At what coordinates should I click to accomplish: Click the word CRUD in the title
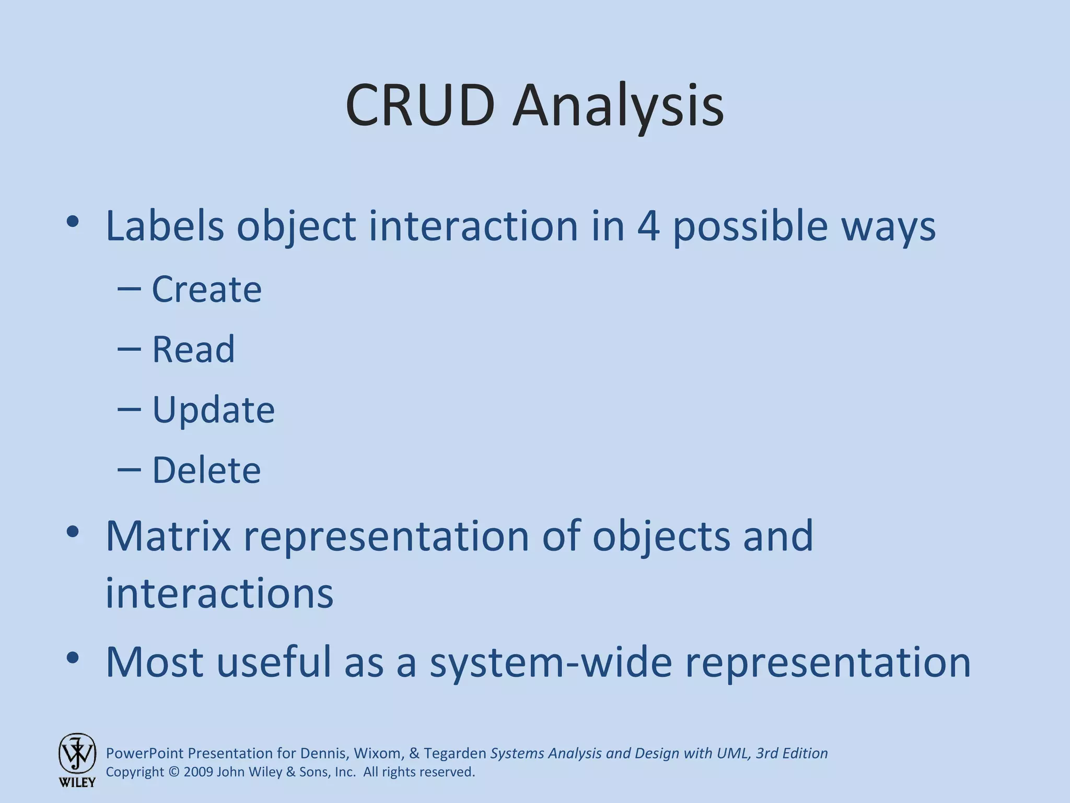[420, 106]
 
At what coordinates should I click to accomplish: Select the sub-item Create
[206, 289]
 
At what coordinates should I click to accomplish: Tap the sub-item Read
[193, 349]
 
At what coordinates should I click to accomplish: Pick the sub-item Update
[213, 410]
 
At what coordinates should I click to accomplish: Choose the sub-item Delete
[206, 470]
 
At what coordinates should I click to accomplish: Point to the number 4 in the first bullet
[648, 226]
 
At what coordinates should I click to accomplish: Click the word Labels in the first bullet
[165, 226]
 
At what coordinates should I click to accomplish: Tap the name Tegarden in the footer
[455, 753]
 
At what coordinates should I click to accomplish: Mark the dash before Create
[129, 289]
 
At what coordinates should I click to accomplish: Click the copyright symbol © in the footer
[174, 772]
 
